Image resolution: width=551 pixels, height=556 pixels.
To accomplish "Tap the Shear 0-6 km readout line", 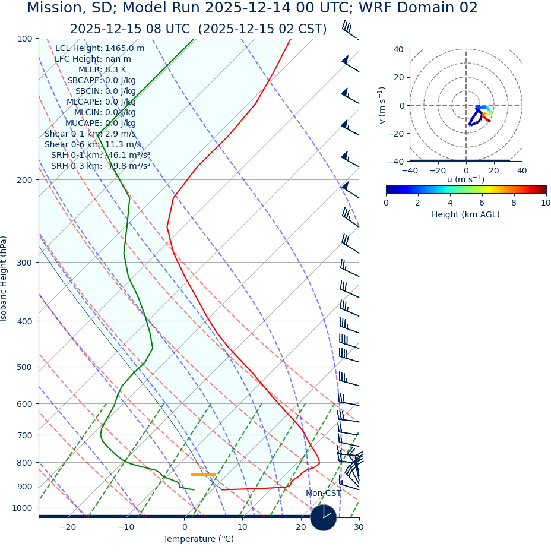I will point(93,145).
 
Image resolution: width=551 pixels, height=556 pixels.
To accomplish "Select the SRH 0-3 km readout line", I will point(100,166).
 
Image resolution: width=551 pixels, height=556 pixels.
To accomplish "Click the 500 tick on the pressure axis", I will point(24,367).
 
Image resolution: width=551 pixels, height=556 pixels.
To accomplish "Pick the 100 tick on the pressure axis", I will point(24,39).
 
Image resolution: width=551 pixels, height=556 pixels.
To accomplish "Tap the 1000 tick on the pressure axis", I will point(22,508).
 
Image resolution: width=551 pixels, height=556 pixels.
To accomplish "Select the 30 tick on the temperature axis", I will point(359,527).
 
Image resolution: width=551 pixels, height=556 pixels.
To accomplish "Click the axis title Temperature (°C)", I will point(198,539).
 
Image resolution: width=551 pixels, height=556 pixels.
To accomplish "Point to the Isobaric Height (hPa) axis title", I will point(4,279).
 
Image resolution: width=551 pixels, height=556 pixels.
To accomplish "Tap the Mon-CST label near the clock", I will point(323,494).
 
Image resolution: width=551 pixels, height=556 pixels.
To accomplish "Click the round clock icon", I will point(324,517).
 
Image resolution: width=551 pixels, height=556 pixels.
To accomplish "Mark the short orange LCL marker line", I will point(202,475).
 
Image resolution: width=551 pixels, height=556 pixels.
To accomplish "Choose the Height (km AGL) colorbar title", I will point(465,215).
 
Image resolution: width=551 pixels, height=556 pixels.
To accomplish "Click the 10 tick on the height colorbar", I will point(546,203).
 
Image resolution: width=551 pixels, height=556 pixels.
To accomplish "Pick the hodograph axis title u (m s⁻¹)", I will point(465,179).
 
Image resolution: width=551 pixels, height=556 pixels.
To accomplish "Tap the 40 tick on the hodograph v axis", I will point(398,49).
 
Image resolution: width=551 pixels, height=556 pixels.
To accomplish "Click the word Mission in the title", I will point(56,8).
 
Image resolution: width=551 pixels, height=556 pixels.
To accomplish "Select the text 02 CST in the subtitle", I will point(305,30).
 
